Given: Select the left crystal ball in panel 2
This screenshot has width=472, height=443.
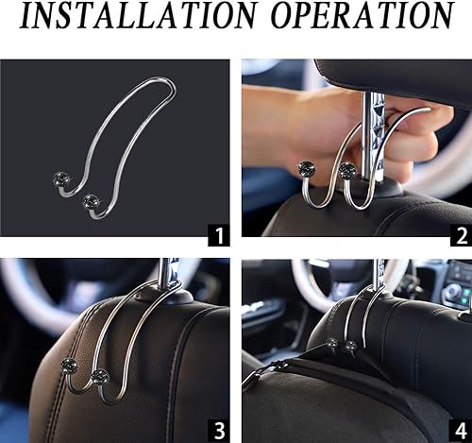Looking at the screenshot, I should point(309,167).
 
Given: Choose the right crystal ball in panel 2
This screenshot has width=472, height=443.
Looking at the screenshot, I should point(347,170).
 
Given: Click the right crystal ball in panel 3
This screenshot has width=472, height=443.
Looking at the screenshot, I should point(99,376).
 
